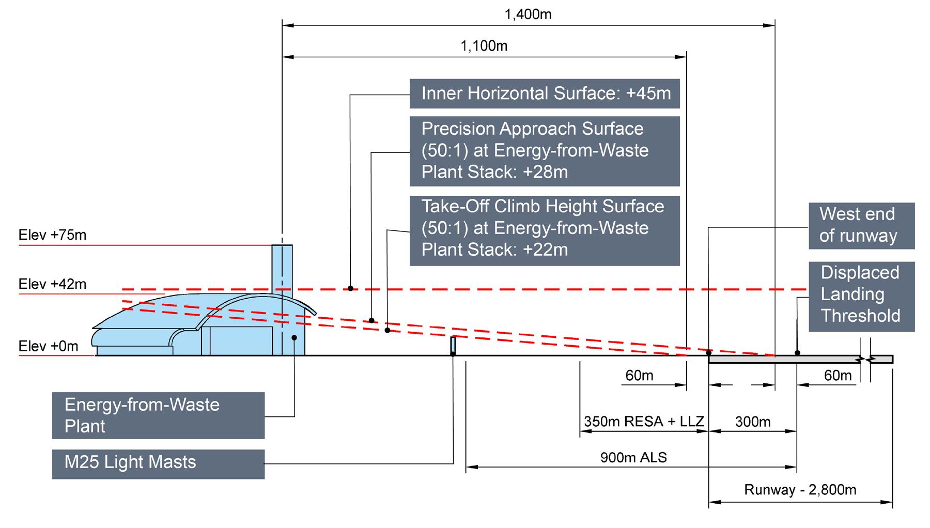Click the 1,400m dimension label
(x=528, y=14)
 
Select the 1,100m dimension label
(x=484, y=46)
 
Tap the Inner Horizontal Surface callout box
(x=545, y=94)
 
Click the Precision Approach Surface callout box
(x=545, y=150)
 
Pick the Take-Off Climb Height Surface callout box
(x=545, y=230)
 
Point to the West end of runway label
(x=861, y=226)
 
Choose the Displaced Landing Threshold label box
(x=861, y=296)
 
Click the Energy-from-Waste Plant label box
(x=158, y=415)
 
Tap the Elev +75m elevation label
(x=53, y=236)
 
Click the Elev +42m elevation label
(x=53, y=284)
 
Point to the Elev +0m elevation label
(x=49, y=346)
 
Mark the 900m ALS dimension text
(x=633, y=457)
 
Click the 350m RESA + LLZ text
(x=644, y=422)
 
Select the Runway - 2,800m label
(x=800, y=490)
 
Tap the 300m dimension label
(x=753, y=422)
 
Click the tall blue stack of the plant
(x=282, y=269)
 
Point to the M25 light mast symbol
(x=453, y=345)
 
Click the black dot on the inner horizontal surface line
(x=350, y=288)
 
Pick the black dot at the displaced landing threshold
(x=797, y=353)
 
